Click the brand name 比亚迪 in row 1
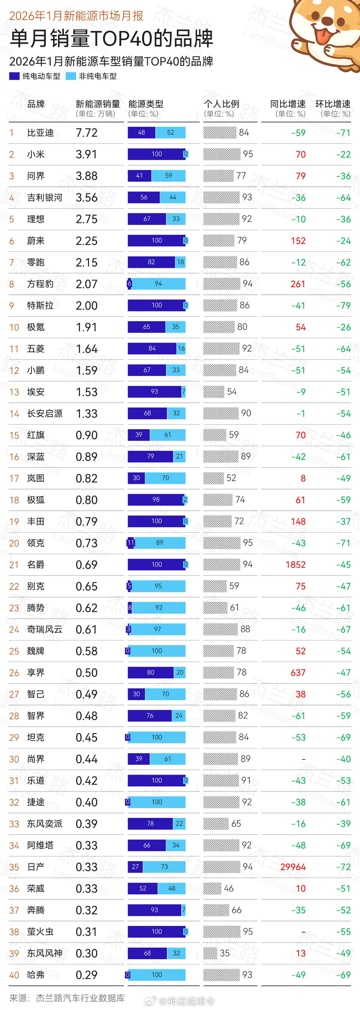pos(40,133)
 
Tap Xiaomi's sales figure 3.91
pos(86,155)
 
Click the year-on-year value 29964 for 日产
pos(293,867)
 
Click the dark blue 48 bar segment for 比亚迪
pos(141,133)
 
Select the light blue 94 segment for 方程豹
pos(158,284)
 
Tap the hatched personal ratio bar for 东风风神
pos(210,953)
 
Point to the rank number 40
pos(14,975)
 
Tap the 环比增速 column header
pos(333,104)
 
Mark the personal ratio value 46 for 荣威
pos(229,888)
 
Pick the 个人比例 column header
pos(221,104)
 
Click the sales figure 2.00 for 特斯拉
pos(86,306)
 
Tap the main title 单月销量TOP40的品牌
pos(111,38)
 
